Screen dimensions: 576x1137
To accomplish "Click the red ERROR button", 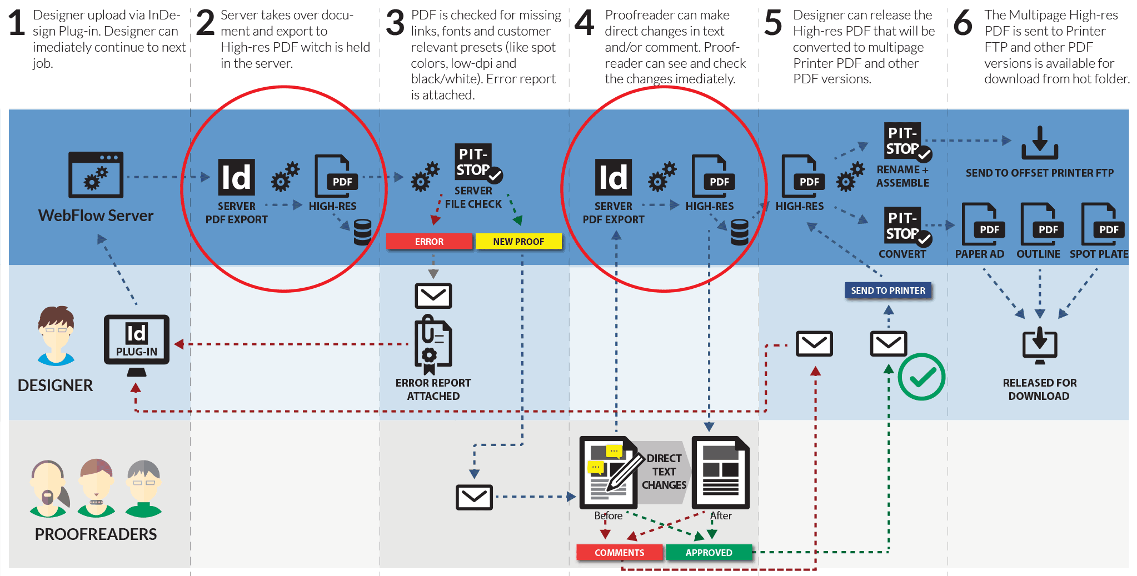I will pos(429,242).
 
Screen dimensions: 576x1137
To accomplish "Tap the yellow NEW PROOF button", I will pos(518,242).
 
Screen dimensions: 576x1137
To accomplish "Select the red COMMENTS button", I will pos(619,553).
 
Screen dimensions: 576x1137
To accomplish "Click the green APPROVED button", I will pos(709,553).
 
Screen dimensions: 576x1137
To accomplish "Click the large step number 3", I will pos(395,23).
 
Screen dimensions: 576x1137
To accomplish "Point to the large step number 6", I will pos(963,23).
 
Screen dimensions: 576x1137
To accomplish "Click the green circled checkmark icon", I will pos(921,377).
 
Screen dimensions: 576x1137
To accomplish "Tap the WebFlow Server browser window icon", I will pos(96,174).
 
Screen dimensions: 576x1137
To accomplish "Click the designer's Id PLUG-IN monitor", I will pos(136,340).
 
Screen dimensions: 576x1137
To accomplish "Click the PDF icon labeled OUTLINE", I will pos(1038,224).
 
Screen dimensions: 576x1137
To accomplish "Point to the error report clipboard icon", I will pos(433,344).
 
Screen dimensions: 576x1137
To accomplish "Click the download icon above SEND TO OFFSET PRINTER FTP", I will pos(1039,143).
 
